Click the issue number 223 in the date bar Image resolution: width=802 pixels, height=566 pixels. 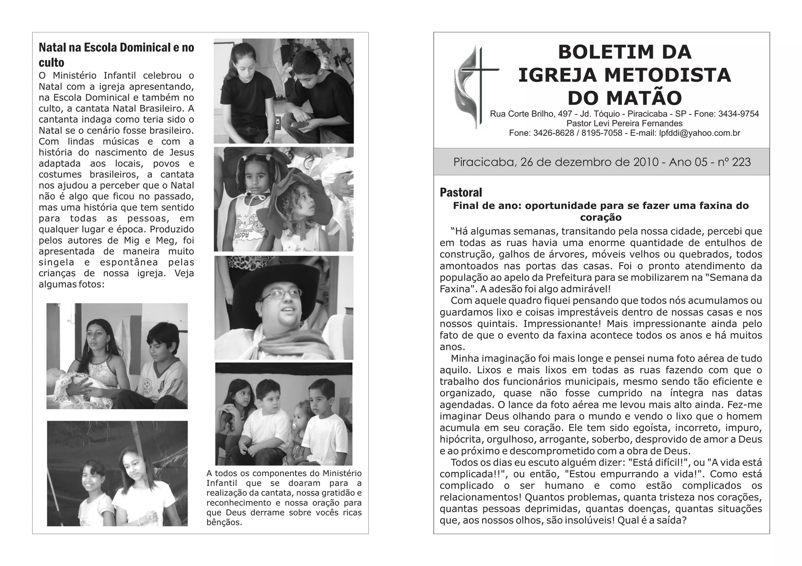741,162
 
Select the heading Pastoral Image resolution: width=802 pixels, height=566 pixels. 461,192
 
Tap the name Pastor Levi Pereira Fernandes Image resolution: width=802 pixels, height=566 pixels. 624,124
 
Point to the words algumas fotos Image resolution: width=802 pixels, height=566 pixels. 70,284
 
